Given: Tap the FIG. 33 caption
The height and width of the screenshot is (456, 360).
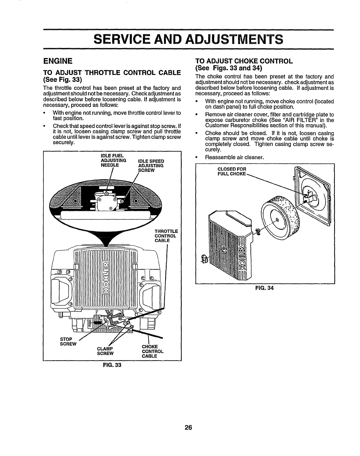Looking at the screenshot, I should tap(112, 365).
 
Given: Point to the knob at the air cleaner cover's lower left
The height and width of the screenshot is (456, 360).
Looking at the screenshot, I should tap(204, 258).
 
